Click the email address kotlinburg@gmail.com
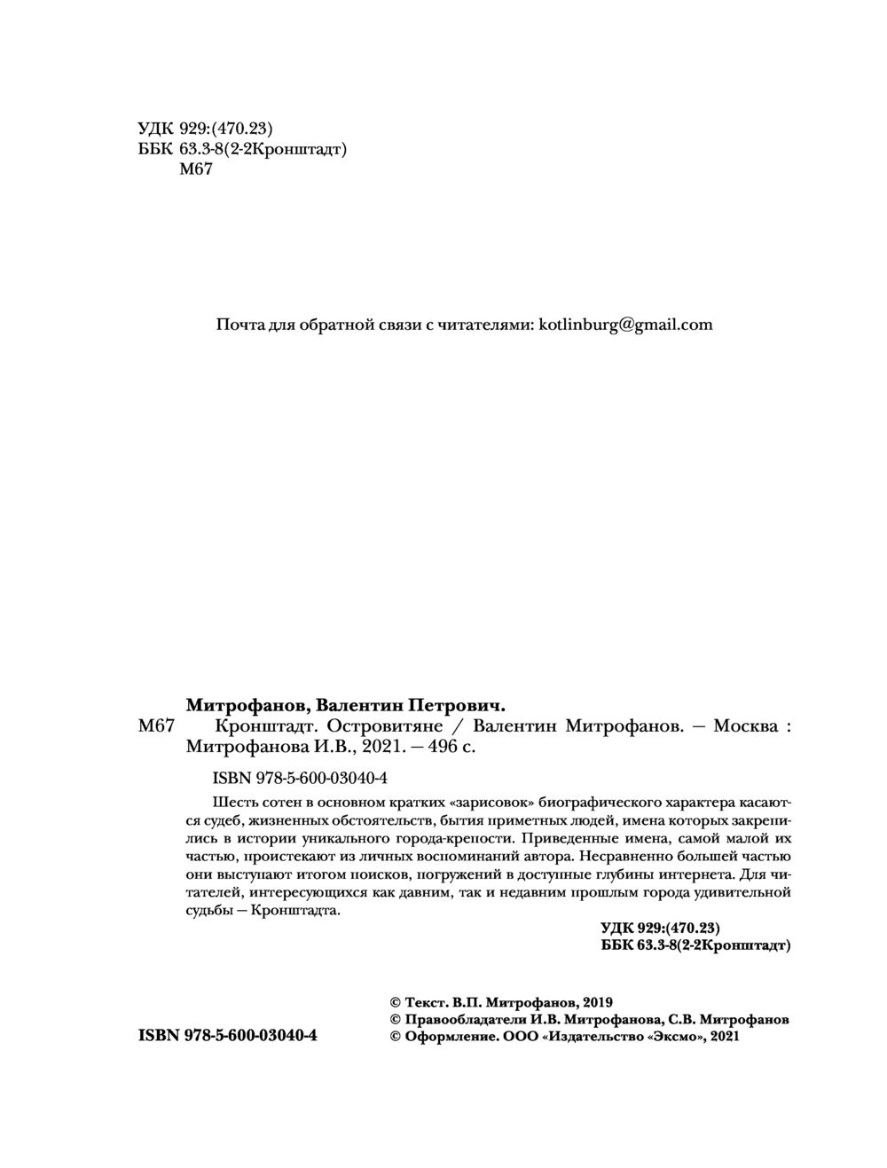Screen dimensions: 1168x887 (626, 325)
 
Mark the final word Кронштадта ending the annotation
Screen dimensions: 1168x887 (295, 911)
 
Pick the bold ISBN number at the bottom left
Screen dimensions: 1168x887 (228, 1036)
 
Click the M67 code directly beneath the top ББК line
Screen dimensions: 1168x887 (196, 170)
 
